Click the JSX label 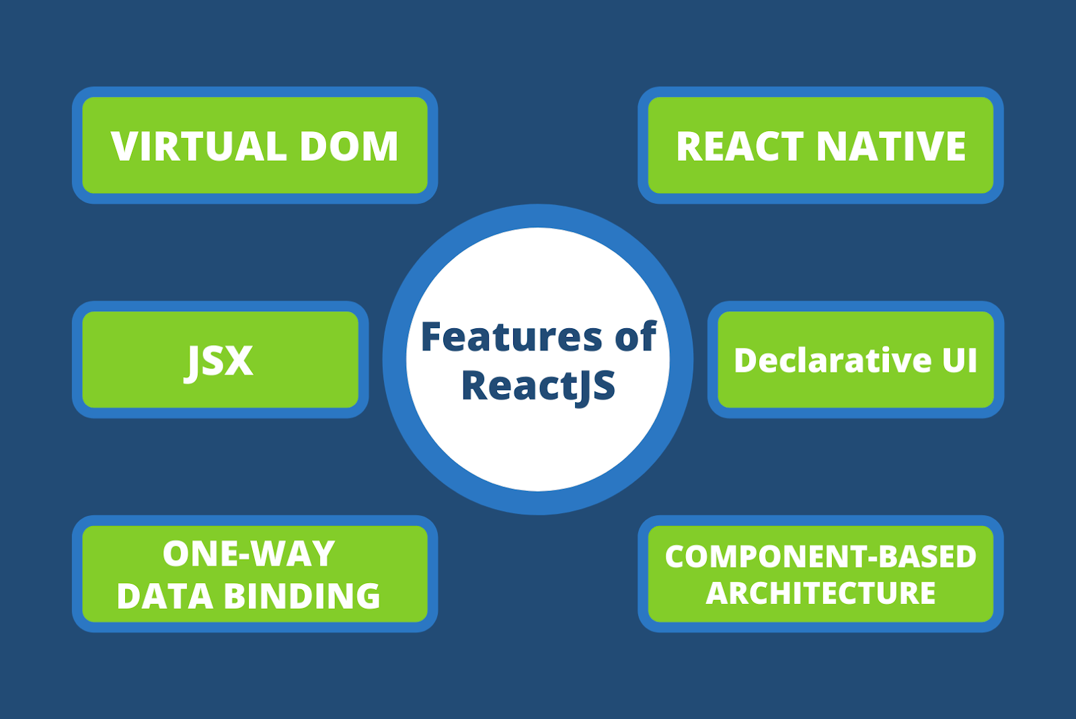219,361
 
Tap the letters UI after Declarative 959,361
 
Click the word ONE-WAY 249,554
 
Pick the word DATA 165,596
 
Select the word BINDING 302,596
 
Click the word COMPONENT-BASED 820,556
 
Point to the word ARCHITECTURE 820,593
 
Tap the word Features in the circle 511,336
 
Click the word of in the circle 636,336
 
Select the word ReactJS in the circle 538,386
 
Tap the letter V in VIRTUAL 124,146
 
